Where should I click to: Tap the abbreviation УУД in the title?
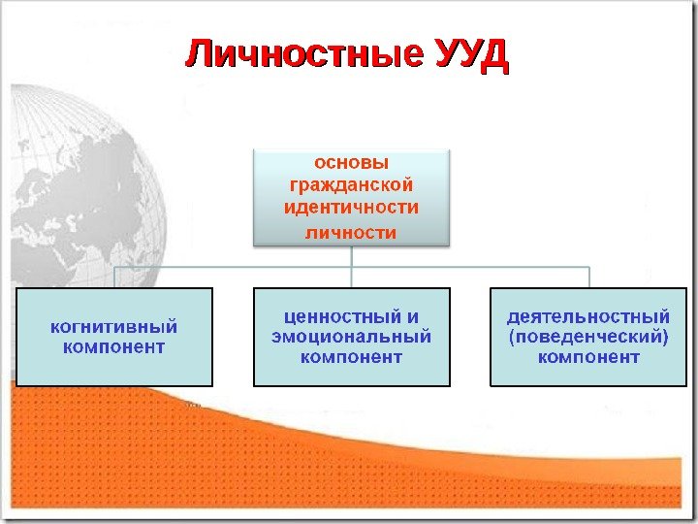[471, 55]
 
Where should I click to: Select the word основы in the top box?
[351, 162]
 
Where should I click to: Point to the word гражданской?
[351, 184]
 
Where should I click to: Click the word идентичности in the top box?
[351, 207]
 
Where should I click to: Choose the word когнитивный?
[114, 327]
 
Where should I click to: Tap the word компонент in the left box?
[114, 347]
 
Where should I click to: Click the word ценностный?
[336, 317]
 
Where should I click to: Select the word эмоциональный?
[351, 337]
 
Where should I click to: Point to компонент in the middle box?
[351, 357]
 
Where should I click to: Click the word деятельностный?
[588, 317]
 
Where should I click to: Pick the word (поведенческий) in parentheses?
[588, 337]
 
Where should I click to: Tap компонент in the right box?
[588, 357]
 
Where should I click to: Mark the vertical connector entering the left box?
[114, 277]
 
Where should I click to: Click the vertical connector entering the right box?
[588, 277]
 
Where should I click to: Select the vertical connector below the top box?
[351, 254]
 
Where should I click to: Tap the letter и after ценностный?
[413, 317]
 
